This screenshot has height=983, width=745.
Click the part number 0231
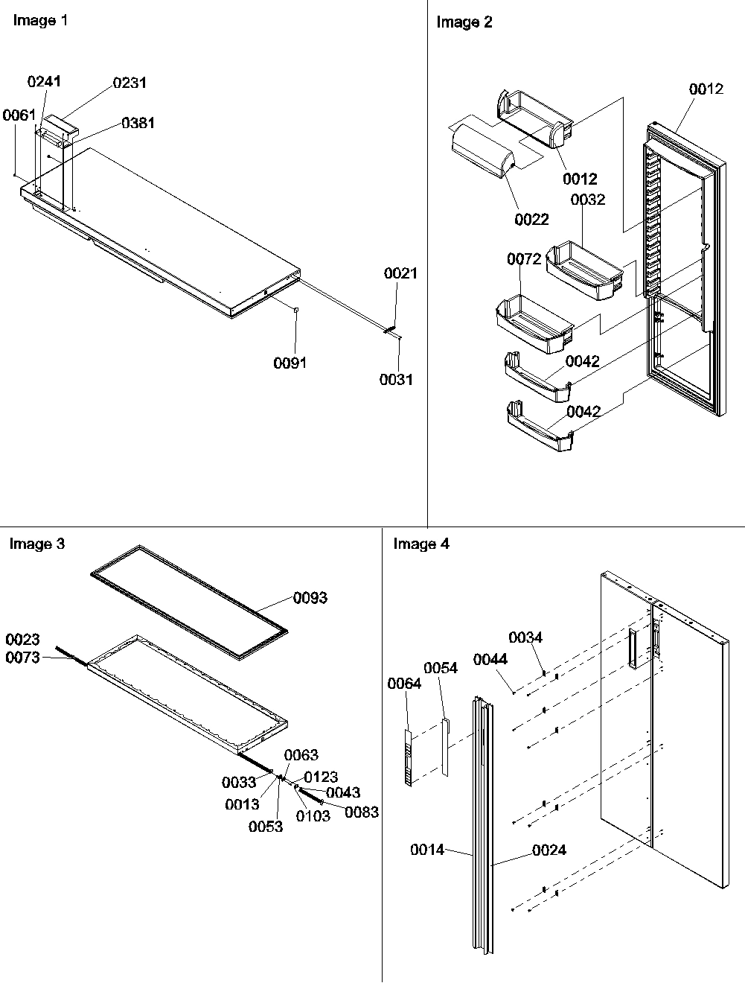tap(130, 83)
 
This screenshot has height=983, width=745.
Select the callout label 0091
tap(290, 363)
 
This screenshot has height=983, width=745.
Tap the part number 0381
tap(138, 123)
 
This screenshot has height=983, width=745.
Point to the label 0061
tap(19, 115)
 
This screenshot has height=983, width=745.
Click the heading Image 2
tap(464, 22)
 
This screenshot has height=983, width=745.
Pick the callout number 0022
tap(531, 219)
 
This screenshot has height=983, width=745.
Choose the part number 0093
tap(310, 598)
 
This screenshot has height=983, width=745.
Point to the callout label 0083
tap(362, 812)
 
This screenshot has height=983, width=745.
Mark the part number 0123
tap(321, 777)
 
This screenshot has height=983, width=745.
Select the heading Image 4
tap(421, 544)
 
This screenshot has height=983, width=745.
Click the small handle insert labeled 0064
tap(407, 757)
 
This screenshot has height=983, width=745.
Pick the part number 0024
tap(549, 850)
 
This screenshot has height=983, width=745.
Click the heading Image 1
tap(40, 21)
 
